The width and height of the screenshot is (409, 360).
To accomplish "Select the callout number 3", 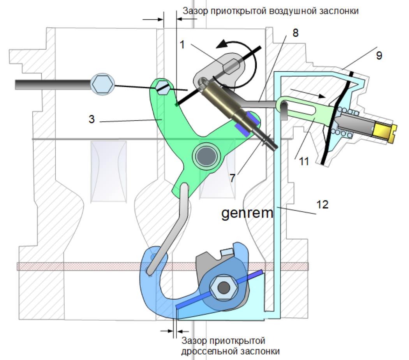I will click(91, 119).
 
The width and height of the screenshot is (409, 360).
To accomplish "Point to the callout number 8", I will click(295, 33).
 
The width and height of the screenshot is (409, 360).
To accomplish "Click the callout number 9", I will click(379, 55).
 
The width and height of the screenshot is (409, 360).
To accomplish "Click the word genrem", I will click(247, 213).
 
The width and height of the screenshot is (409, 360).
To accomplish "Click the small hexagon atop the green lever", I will click(163, 88).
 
